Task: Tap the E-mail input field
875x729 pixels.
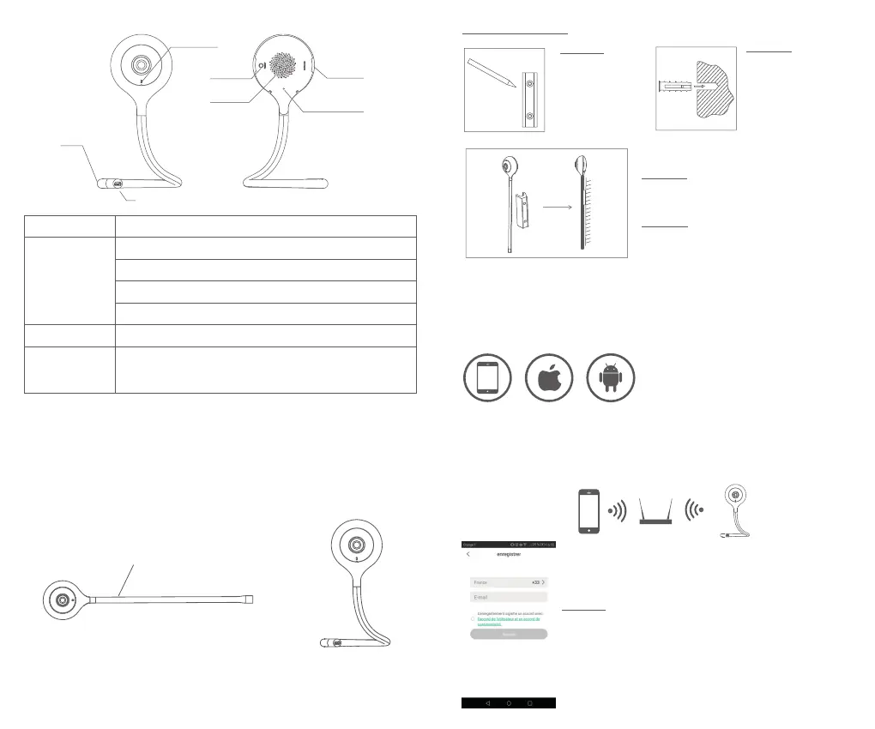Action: coord(509,597)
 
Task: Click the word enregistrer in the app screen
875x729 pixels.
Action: coord(509,554)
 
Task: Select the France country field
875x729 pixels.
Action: coord(509,582)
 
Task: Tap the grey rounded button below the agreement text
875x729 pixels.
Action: coord(509,635)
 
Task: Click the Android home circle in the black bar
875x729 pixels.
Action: coord(509,702)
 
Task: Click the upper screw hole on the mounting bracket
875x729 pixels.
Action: coord(531,83)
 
